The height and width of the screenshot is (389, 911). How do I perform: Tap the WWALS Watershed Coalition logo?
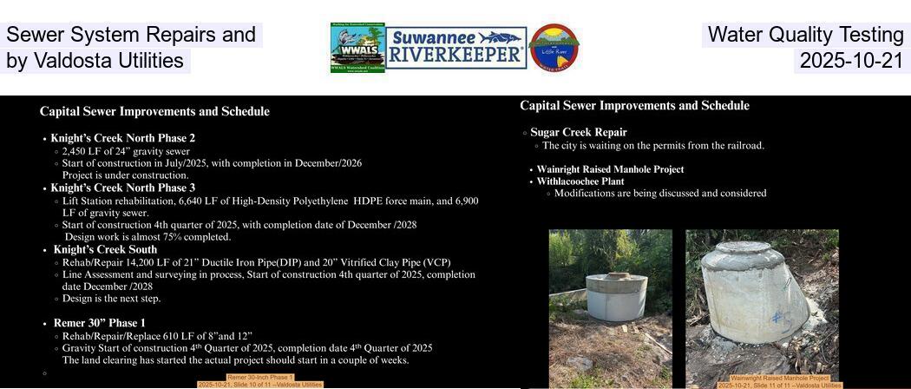point(357,48)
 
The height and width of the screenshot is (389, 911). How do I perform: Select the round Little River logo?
point(554,48)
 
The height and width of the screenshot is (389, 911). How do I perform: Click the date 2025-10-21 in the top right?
point(851,61)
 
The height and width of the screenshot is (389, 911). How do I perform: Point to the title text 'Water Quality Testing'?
point(805,35)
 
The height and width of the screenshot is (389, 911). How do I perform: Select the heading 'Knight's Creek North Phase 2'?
point(122,138)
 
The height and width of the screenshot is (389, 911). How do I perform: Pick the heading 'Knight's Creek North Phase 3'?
point(122,188)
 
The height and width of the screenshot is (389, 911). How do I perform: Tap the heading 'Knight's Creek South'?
point(105,249)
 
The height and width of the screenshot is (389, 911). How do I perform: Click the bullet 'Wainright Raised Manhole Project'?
point(610,169)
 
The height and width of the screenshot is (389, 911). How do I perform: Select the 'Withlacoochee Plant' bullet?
point(580,181)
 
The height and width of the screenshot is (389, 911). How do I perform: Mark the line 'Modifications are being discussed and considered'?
point(659,194)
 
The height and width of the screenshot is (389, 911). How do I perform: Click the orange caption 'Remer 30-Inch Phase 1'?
point(260,378)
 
